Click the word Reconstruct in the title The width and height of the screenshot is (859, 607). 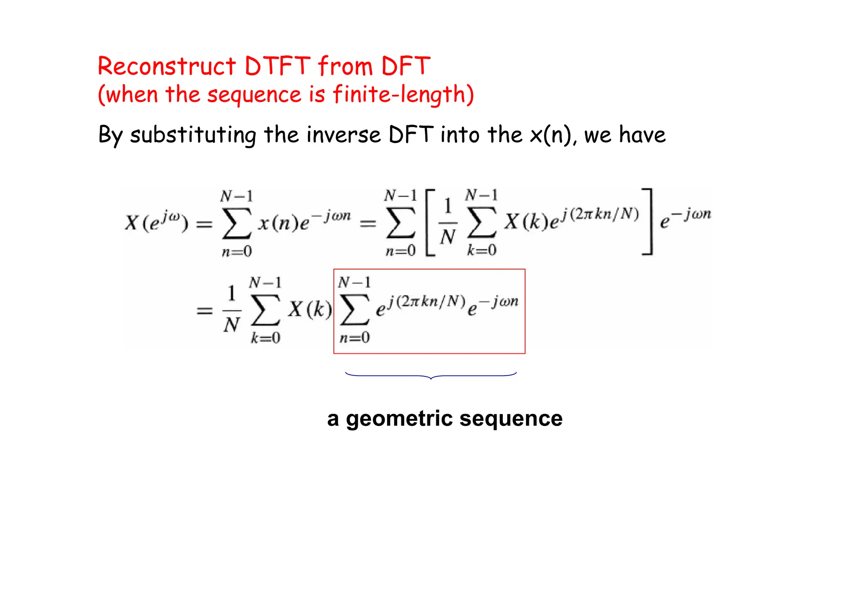click(x=167, y=66)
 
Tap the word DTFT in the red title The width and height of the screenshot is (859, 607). click(x=277, y=66)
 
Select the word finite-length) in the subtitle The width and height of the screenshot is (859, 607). click(x=403, y=94)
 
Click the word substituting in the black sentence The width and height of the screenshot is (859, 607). click(x=193, y=135)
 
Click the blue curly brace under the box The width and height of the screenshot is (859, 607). click(x=431, y=375)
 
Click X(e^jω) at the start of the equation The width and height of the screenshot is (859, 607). click(x=156, y=222)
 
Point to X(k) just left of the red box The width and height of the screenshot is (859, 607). click(x=310, y=309)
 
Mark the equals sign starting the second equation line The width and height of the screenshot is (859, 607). click(x=205, y=311)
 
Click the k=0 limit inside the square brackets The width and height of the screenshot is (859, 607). click(x=482, y=251)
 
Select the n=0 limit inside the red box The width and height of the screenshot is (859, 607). click(x=354, y=337)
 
